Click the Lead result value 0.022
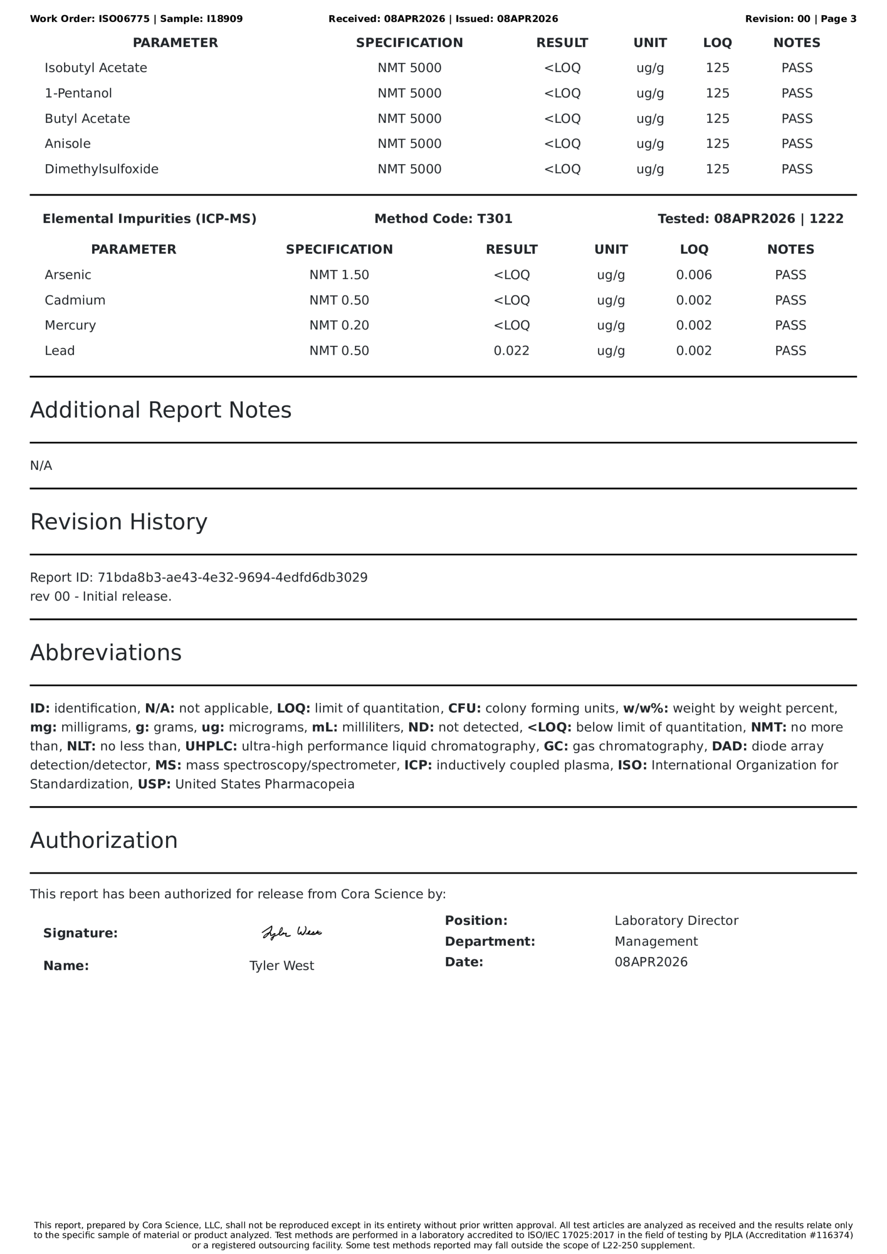(x=511, y=351)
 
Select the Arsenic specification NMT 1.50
(x=339, y=275)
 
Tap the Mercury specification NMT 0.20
(x=339, y=326)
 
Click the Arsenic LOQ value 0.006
(x=694, y=275)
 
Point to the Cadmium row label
(x=75, y=300)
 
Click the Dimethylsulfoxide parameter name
(x=101, y=169)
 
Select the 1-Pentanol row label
(x=78, y=94)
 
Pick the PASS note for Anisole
(x=797, y=144)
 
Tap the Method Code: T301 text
(x=443, y=219)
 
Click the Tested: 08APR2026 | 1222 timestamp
(x=750, y=219)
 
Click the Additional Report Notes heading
(x=161, y=410)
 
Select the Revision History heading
(x=119, y=522)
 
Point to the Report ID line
(x=199, y=578)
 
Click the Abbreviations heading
(x=105, y=652)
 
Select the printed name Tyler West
(x=281, y=965)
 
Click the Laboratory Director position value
(x=676, y=921)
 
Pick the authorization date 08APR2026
(x=651, y=963)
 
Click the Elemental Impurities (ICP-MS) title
(x=149, y=219)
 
